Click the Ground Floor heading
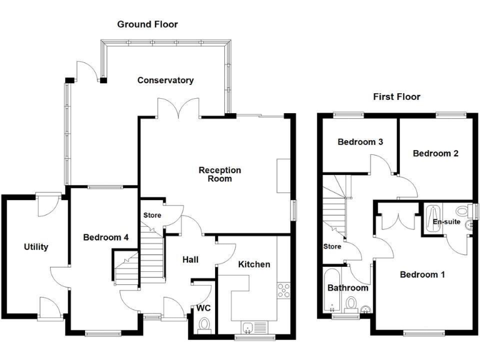(147, 24)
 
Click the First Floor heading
(396, 97)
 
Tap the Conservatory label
(166, 81)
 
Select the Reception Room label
(220, 174)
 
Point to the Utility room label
(36, 247)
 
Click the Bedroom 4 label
(106, 237)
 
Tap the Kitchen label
(254, 264)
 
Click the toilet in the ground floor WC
(203, 324)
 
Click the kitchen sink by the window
(249, 326)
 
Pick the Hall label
(191, 259)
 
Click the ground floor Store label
(152, 216)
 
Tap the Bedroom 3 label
(360, 142)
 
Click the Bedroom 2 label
(435, 153)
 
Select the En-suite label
(446, 221)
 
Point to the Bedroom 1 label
(422, 274)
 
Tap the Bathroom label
(347, 288)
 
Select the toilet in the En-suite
(463, 211)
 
